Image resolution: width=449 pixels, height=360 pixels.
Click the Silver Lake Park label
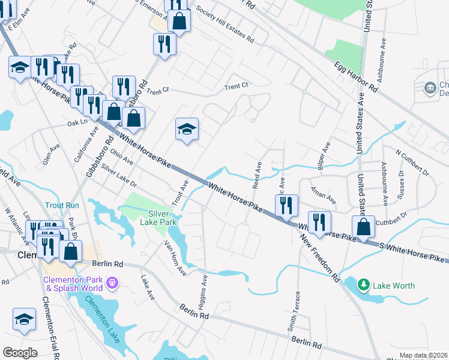[162, 218]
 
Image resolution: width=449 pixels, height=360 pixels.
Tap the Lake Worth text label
[393, 286]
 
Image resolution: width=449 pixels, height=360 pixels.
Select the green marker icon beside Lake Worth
[363, 283]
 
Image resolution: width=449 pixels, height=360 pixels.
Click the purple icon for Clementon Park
[112, 281]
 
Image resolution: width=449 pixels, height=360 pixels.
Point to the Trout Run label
[61, 205]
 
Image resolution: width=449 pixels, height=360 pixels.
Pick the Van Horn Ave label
[176, 259]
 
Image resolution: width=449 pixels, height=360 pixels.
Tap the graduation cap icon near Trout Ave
[187, 129]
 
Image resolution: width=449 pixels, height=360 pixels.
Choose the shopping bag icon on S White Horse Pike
[363, 227]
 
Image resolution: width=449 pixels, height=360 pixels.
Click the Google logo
[20, 352]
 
